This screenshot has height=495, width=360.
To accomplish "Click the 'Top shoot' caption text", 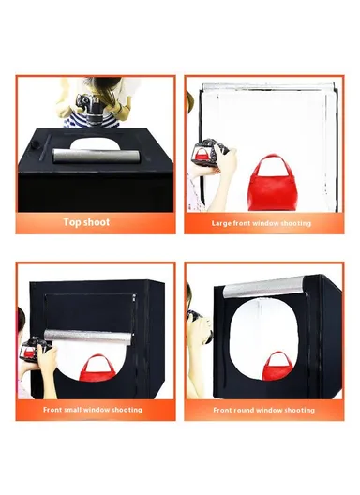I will tap(86, 222).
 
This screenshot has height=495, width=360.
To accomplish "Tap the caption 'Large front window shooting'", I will tap(262, 223).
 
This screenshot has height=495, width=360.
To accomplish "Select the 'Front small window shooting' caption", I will tap(93, 410).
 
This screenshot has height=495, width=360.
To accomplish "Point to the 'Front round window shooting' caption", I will tap(263, 410).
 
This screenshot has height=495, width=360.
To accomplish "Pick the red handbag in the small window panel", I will tap(95, 369).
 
